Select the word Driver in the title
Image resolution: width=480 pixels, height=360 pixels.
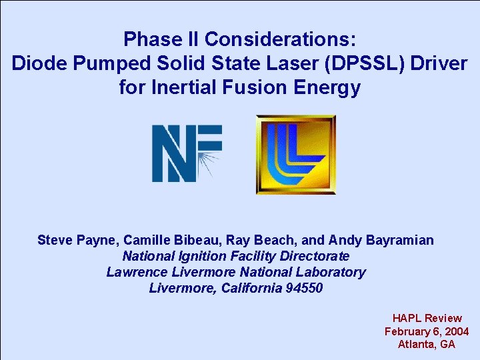tap(438, 64)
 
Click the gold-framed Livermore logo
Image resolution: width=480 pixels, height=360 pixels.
tap(295, 155)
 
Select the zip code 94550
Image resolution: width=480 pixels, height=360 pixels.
tap(302, 288)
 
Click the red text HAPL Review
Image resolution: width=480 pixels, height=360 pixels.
tap(427, 318)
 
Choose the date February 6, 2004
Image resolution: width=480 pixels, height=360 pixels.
tap(427, 331)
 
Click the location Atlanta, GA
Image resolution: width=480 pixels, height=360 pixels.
tap(427, 344)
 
